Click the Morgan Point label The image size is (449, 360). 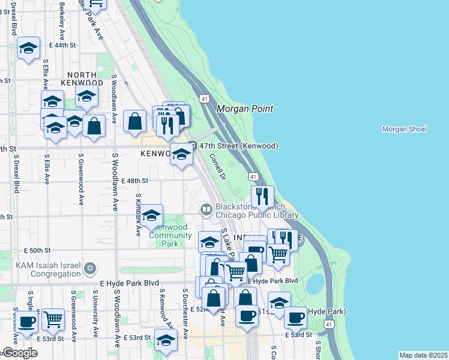pos(244,109)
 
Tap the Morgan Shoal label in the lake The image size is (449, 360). pos(404,129)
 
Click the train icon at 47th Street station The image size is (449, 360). pos(193,146)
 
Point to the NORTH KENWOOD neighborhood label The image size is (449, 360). pos(82,82)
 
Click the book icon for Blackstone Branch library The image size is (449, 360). pos(206,209)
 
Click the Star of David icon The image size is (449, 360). pos(90,267)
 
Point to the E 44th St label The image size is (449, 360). pos(64,45)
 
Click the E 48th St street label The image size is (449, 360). pos(134,180)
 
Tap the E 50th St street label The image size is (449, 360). pos(38,250)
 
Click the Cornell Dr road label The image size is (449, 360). pos(217,167)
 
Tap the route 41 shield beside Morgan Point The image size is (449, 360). pos(205,98)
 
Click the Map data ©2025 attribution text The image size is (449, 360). pos(423,355)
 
